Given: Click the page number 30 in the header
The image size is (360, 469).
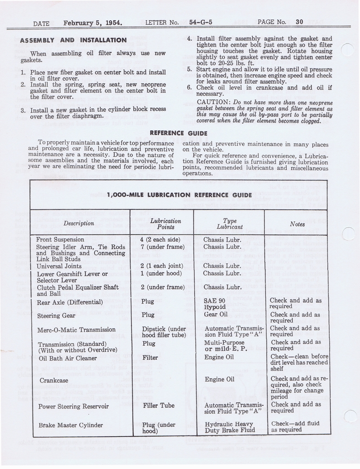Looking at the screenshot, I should (300, 22).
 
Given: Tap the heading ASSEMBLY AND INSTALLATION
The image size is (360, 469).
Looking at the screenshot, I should (73, 40).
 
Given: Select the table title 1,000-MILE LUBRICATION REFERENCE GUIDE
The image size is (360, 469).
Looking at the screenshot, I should (179, 195).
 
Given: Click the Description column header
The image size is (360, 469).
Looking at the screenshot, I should (79, 224).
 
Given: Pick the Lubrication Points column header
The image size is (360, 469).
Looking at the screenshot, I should (162, 224).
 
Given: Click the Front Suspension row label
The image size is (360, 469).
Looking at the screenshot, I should (60, 240).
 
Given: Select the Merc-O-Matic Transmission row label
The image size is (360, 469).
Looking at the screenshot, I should (76, 330).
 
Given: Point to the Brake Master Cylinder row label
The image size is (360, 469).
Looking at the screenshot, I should (71, 425).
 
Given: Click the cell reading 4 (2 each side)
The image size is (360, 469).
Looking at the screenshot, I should (160, 240).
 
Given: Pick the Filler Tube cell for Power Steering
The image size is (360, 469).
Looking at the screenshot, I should (158, 405).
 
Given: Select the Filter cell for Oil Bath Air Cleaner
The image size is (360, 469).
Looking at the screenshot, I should (150, 358).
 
